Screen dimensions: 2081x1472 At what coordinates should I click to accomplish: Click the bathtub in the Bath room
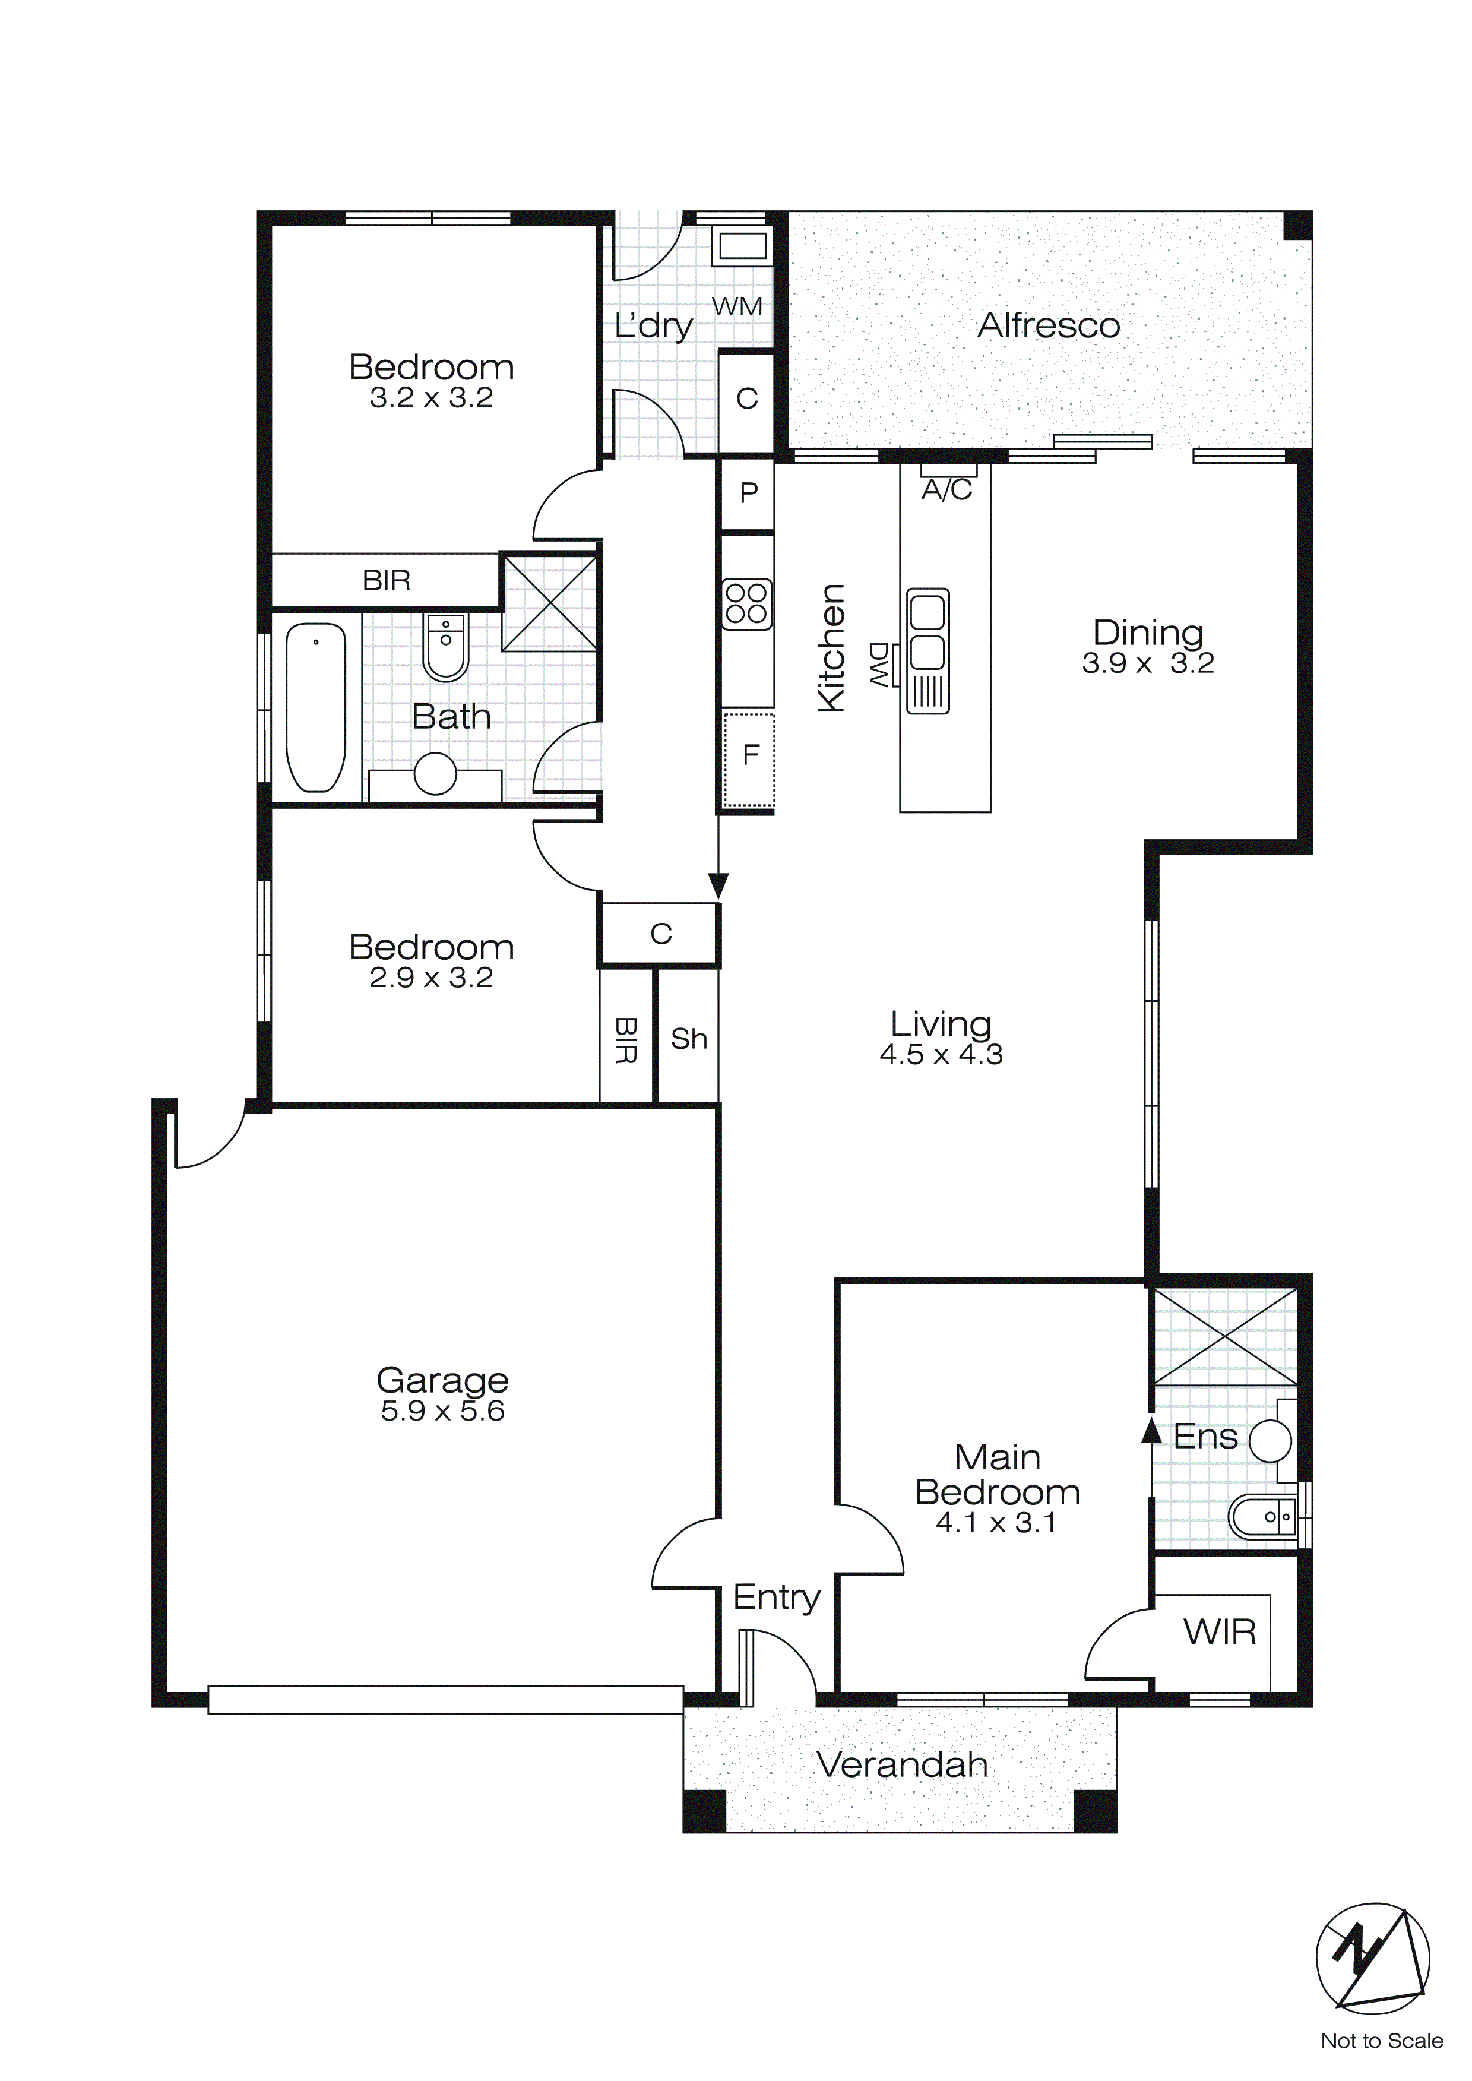coord(315,707)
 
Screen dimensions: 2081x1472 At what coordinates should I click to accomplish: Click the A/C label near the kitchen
coord(946,491)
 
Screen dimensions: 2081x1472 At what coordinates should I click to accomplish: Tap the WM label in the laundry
coord(737,306)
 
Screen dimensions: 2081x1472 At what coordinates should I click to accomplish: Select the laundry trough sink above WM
coord(742,246)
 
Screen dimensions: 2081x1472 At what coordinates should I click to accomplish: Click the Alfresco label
coord(1049,325)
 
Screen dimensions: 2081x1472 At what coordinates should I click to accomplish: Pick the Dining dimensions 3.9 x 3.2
coord(1148,663)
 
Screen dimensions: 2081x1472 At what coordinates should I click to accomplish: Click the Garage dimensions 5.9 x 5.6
coord(442,1411)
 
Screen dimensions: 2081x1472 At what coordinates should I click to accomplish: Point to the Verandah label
coord(902,1764)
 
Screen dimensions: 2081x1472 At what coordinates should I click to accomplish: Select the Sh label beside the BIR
coord(689,1039)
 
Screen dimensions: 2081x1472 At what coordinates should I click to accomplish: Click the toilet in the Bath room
coord(445,647)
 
